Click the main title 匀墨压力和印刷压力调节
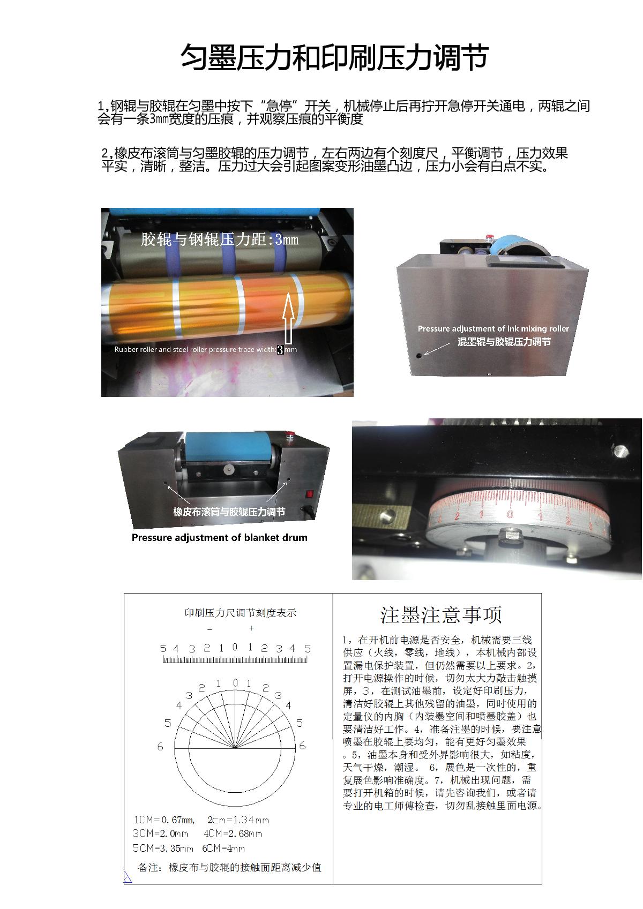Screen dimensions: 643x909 coord(334,57)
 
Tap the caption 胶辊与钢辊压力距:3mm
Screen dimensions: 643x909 coord(220,239)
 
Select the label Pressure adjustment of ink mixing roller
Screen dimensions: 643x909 coord(493,328)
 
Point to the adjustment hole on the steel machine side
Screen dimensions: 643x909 coord(418,356)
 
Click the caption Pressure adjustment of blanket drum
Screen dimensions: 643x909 coord(219,537)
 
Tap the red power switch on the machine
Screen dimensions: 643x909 coord(309,494)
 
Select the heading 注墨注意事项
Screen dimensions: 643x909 coord(441,614)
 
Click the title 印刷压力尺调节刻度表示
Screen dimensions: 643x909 coord(240,613)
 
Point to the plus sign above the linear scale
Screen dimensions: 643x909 coord(251,628)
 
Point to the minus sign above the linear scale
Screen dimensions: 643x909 coord(210,629)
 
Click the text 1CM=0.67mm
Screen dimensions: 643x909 coord(163,820)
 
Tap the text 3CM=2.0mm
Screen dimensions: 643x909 coord(160,833)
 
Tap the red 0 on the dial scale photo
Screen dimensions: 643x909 coord(510,514)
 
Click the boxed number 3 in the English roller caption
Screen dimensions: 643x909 coord(280,349)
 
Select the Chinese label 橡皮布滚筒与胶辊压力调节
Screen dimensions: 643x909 coord(229,512)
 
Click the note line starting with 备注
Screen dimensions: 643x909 coord(229,867)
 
